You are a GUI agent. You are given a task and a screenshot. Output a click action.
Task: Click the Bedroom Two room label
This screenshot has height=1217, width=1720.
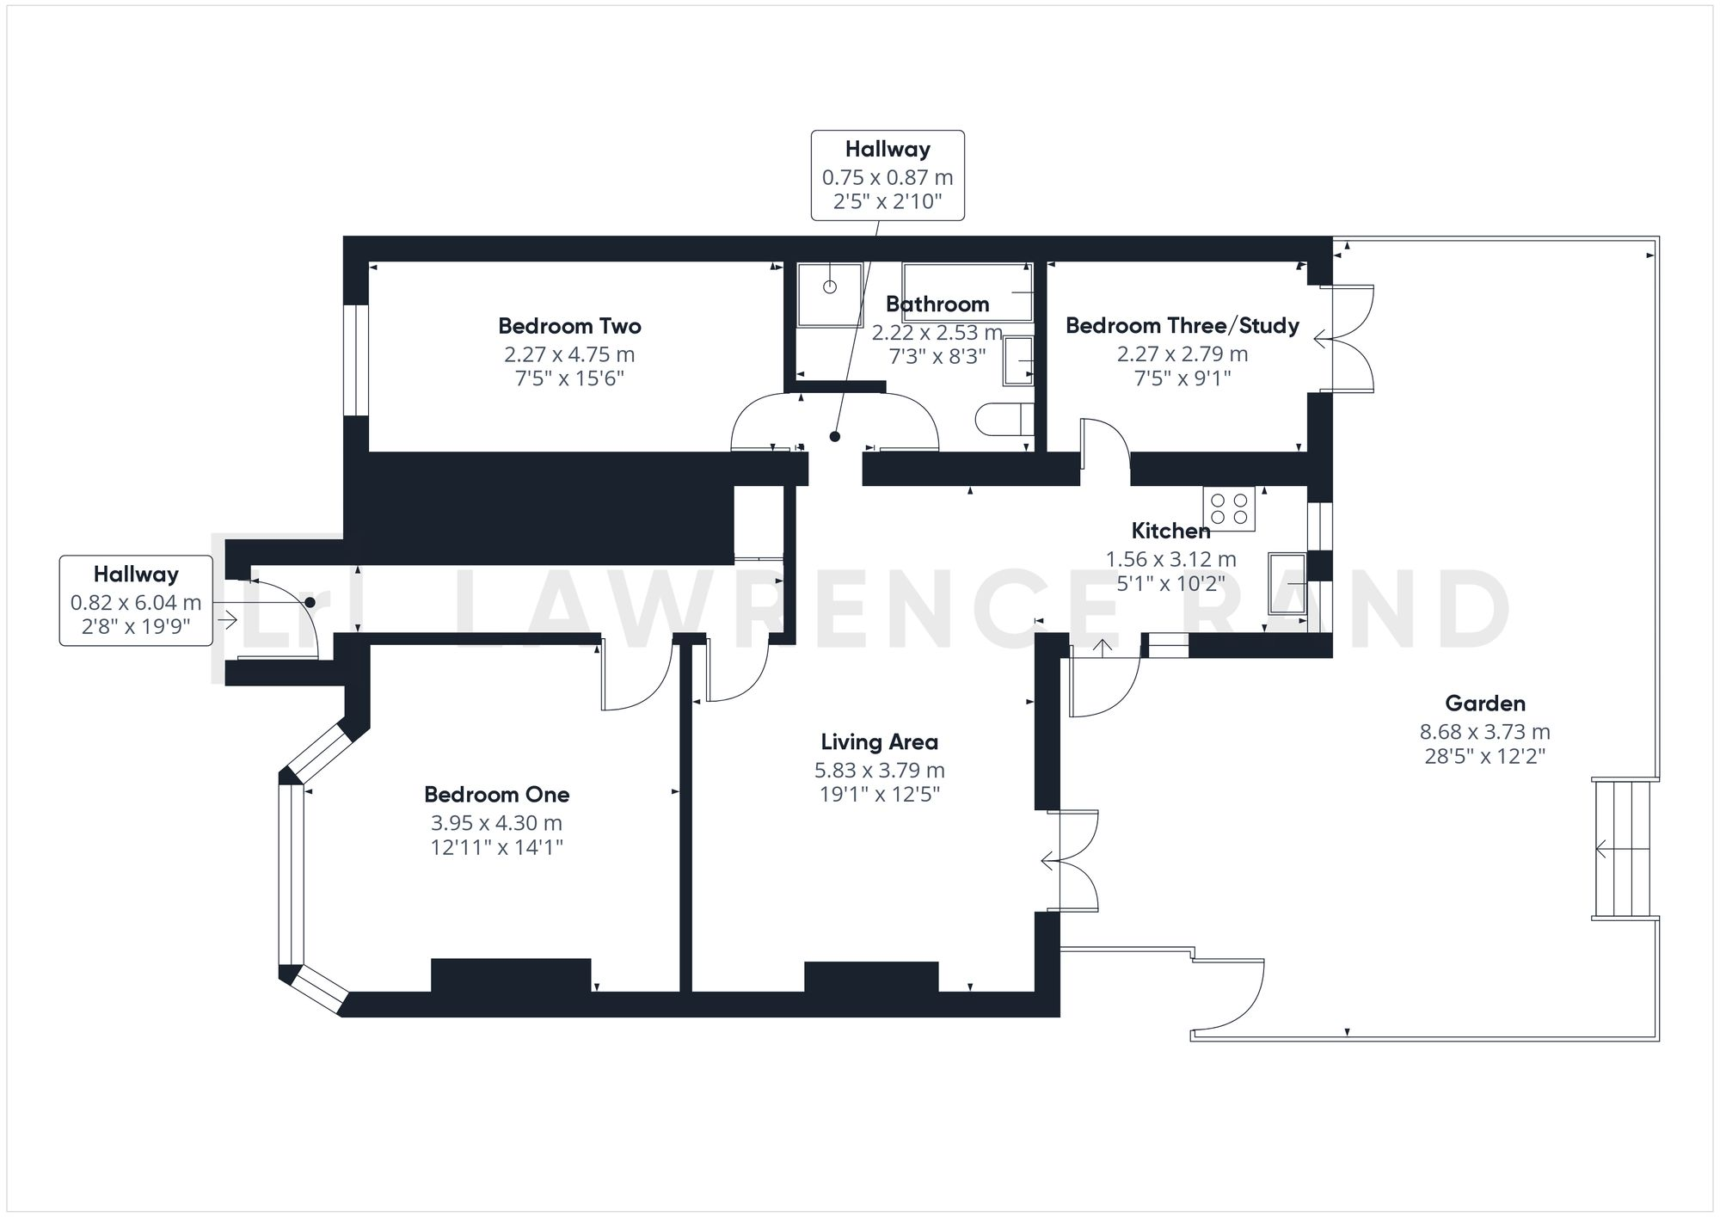pyautogui.click(x=569, y=326)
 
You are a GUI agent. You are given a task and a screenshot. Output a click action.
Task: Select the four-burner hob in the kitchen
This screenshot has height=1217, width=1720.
pyautogui.click(x=1229, y=508)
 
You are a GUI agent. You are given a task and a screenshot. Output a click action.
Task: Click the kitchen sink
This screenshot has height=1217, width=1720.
pyautogui.click(x=1287, y=583)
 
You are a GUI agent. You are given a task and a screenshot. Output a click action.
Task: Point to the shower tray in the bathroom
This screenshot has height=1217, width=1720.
pyautogui.click(x=829, y=295)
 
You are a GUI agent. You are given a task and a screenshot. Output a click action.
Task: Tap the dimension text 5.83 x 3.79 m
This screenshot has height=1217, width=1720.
pyautogui.click(x=879, y=770)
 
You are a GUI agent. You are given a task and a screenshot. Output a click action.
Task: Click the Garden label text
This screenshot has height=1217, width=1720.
pyautogui.click(x=1484, y=704)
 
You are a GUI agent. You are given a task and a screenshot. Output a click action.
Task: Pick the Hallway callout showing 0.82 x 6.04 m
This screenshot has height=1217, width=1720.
pyautogui.click(x=136, y=600)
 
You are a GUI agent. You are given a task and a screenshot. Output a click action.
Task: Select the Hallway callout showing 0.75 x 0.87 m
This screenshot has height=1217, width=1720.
pyautogui.click(x=888, y=175)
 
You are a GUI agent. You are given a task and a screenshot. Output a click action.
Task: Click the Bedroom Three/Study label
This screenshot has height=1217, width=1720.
pyautogui.click(x=1182, y=326)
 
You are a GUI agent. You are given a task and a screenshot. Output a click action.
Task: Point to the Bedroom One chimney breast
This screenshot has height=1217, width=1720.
pyautogui.click(x=511, y=975)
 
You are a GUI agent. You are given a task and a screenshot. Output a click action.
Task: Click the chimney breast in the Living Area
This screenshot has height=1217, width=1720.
pyautogui.click(x=870, y=977)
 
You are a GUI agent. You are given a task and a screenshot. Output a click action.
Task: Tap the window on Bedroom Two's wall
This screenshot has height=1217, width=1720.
pyautogui.click(x=356, y=360)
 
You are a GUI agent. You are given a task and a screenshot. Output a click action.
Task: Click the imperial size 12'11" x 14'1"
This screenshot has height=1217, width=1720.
pyautogui.click(x=496, y=848)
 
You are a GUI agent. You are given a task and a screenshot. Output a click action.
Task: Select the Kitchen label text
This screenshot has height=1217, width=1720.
pyautogui.click(x=1170, y=531)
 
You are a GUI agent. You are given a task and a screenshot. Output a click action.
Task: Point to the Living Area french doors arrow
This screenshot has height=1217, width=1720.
pyautogui.click(x=1047, y=860)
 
